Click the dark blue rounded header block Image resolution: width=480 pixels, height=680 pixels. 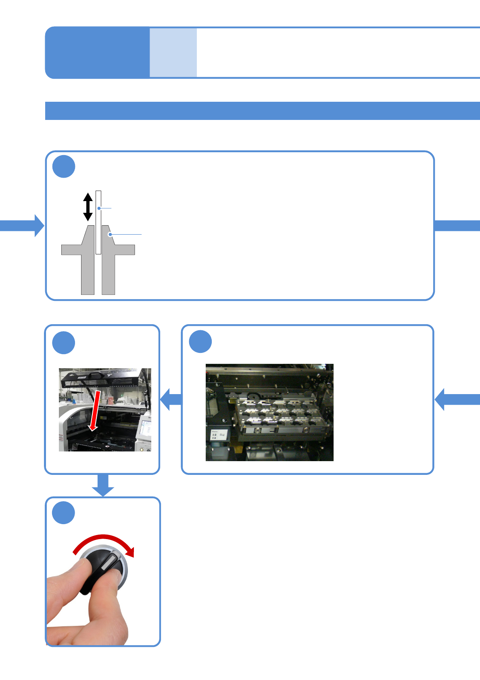[97, 52]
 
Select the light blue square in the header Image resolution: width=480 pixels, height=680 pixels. [173, 52]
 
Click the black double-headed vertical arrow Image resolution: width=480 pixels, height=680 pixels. [88, 207]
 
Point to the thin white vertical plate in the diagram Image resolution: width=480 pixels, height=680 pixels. [98, 222]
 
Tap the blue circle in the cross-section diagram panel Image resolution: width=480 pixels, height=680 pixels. [64, 166]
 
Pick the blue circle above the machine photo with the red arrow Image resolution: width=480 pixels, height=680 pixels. [64, 343]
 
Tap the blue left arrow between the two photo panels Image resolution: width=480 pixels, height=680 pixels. [171, 399]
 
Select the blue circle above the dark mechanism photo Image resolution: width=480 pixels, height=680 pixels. [200, 342]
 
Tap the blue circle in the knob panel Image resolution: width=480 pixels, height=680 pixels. [64, 513]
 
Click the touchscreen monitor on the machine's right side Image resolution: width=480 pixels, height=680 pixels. [145, 430]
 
